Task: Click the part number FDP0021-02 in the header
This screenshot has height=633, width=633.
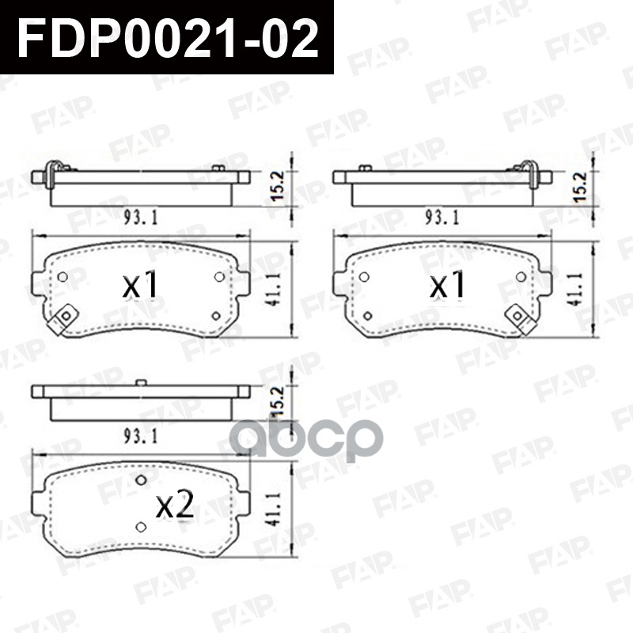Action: tap(167, 37)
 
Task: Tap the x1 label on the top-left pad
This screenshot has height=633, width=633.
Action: tap(142, 286)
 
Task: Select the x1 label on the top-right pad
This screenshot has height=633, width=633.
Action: tap(448, 286)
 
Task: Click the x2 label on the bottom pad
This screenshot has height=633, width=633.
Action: tap(175, 506)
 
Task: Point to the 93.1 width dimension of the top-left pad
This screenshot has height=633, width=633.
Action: tap(140, 218)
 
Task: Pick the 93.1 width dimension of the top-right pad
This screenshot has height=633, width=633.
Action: tap(445, 218)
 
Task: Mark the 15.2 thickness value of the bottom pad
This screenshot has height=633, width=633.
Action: tap(277, 403)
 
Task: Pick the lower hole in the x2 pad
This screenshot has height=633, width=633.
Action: tap(141, 527)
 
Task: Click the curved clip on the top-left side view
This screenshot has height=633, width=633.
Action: tap(51, 172)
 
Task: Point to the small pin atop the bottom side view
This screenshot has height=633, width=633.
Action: tap(141, 383)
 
